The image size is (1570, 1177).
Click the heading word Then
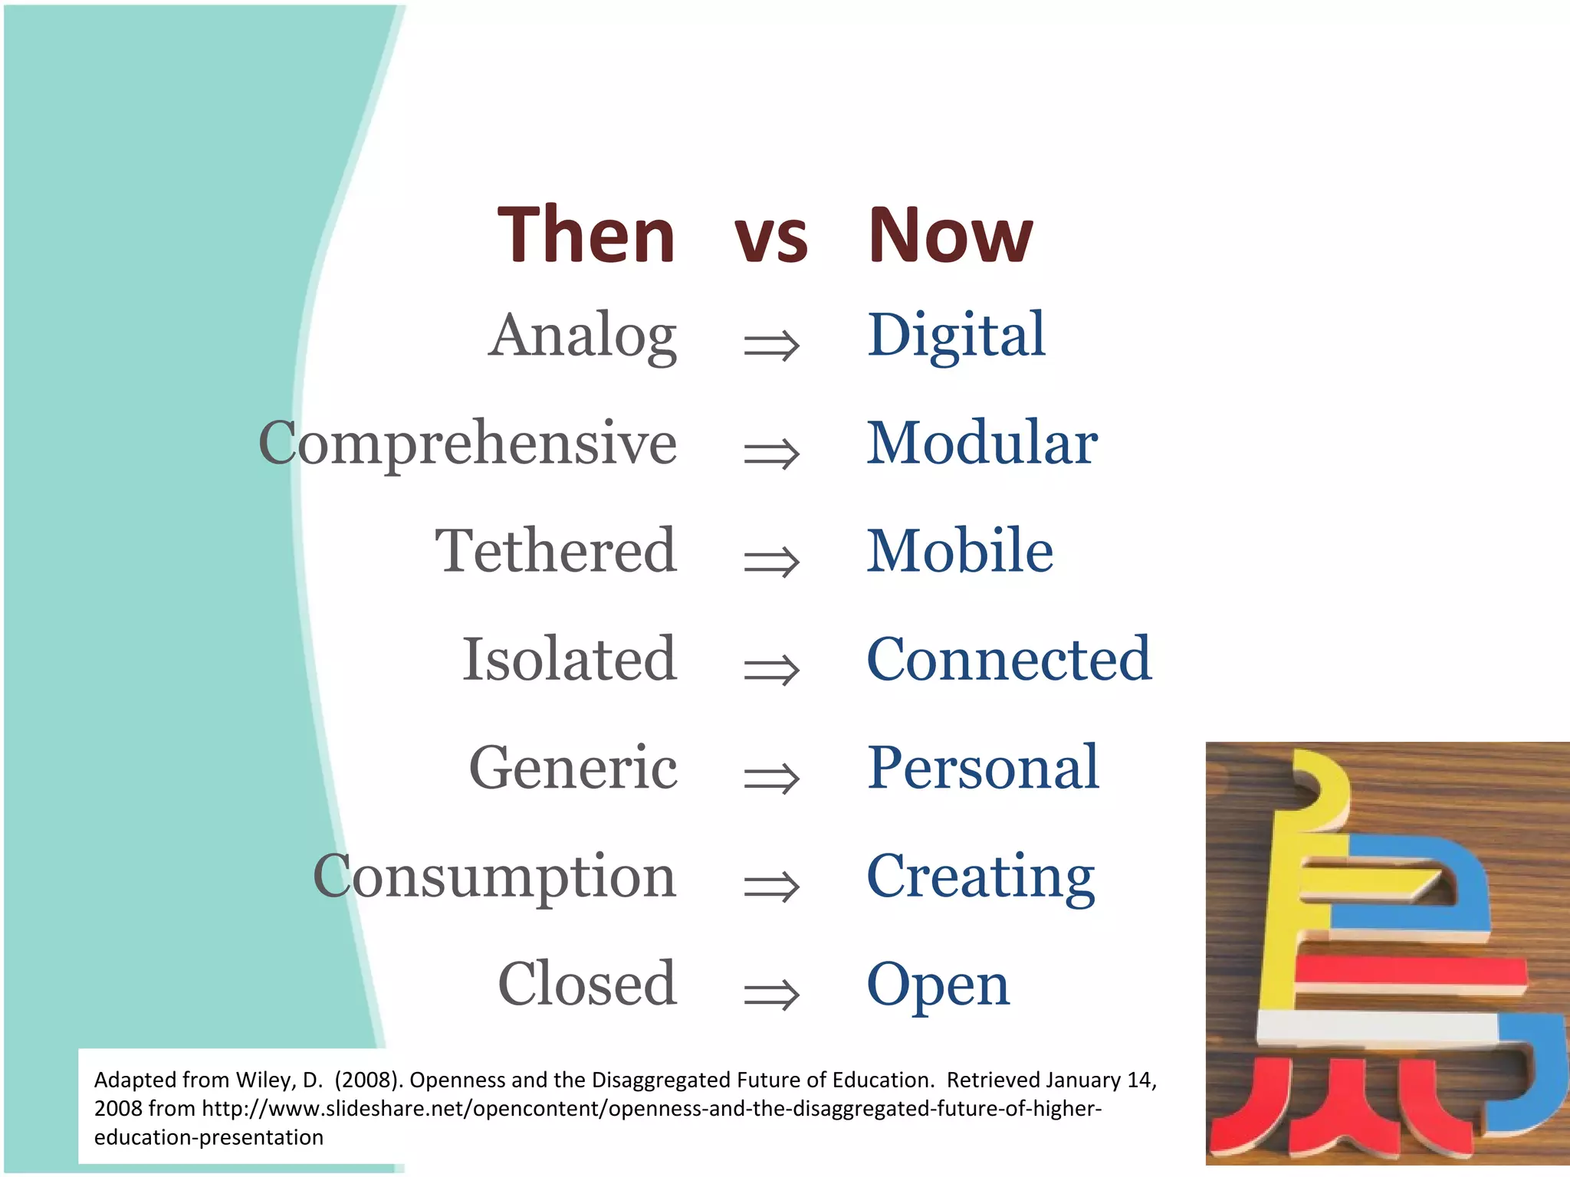click(586, 235)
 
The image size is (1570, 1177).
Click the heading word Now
click(950, 235)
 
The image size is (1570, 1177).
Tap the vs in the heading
click(770, 239)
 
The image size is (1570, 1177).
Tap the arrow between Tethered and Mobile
click(771, 562)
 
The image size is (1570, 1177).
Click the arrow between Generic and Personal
click(771, 779)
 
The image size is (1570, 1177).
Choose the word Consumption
click(494, 877)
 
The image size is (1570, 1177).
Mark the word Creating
click(980, 877)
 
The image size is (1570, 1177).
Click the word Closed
click(587, 984)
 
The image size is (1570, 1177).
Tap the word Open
click(938, 985)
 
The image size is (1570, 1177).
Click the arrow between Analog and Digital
click(771, 346)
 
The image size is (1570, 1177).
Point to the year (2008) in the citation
click(368, 1080)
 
